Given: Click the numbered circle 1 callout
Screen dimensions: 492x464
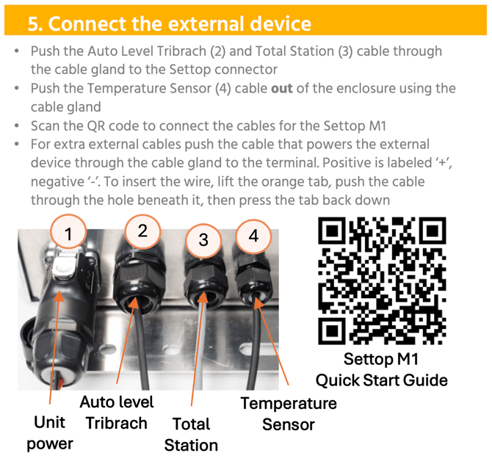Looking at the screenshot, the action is coord(68,233).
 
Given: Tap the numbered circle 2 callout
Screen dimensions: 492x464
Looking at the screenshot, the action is coord(142,231).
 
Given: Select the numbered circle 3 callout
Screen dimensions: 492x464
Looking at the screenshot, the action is coord(203,240).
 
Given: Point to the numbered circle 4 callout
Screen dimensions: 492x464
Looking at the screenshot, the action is coord(253,236).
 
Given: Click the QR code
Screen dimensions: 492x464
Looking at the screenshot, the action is coord(382,280).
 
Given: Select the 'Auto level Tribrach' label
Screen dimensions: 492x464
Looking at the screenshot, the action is coord(117,413).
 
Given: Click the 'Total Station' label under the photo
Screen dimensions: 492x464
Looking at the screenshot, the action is coord(191,435).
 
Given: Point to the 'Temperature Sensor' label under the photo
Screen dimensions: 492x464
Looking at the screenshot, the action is coord(289,414).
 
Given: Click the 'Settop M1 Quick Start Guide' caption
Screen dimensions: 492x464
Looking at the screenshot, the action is coord(382,369).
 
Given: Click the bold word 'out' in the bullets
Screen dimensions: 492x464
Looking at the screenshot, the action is coord(282,89).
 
